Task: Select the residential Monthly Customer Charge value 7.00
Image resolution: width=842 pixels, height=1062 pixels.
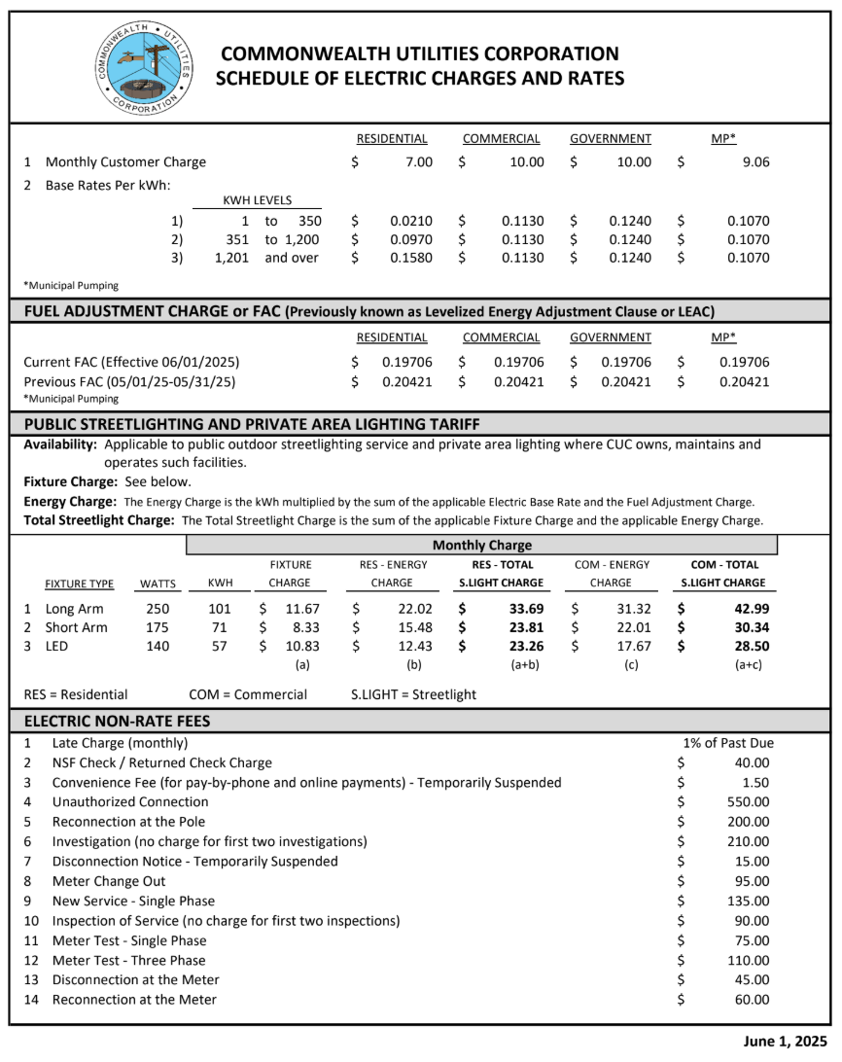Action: coord(418,162)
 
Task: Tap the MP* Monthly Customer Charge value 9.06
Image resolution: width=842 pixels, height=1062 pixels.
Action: coord(754,162)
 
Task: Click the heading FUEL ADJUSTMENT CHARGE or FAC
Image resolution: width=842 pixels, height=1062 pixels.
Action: coord(152,312)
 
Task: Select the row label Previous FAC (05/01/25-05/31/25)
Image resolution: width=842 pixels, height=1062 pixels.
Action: coord(129,382)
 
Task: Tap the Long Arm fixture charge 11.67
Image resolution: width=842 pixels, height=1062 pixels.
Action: coord(289,609)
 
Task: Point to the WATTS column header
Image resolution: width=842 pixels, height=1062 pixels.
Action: coord(158,584)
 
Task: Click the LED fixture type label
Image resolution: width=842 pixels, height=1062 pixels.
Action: coord(59,646)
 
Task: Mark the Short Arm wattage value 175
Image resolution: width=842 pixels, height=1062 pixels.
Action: coord(157,627)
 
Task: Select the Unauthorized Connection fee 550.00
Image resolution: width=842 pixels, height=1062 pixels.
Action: coord(748,802)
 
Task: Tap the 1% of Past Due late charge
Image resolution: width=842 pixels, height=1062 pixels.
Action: coord(728,743)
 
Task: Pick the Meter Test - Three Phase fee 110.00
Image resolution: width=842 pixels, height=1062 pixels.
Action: coord(748,960)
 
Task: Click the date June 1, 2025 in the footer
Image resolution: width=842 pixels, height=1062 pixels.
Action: coord(785,1042)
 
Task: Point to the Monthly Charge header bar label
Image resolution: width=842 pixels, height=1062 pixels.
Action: coord(482,546)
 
